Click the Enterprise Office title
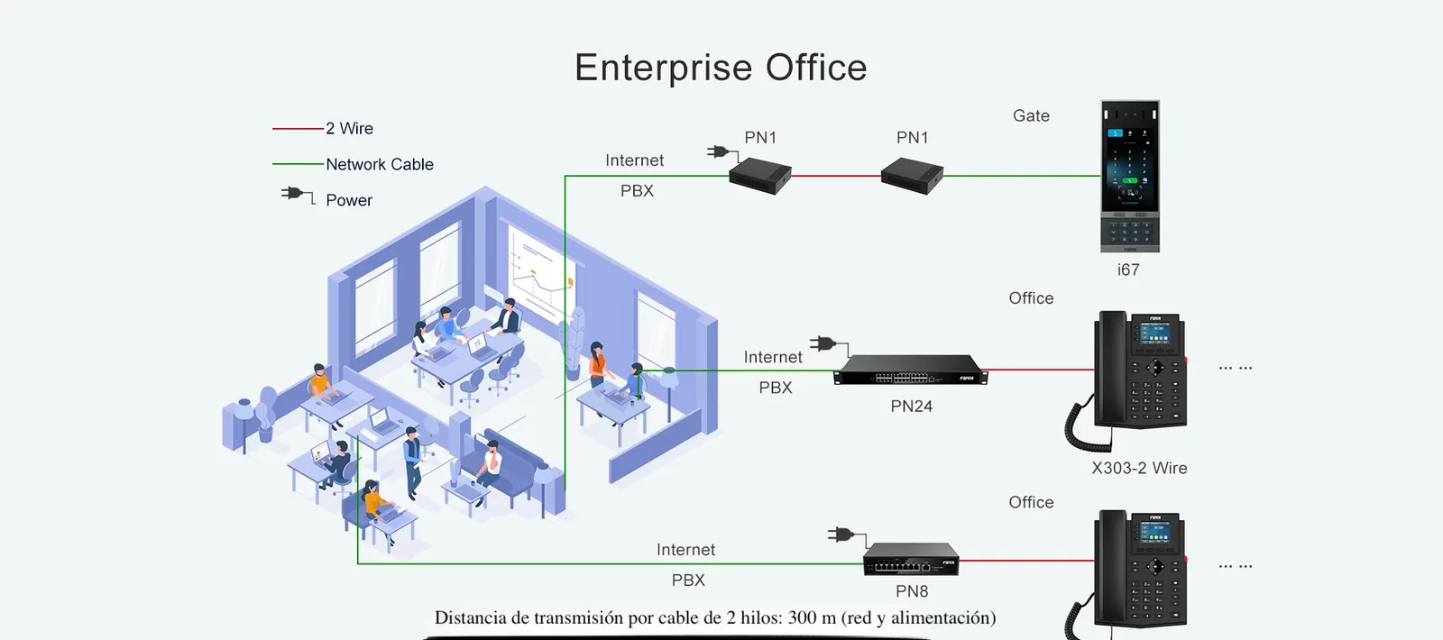[721, 68]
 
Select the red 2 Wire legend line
[298, 129]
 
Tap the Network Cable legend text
[380, 164]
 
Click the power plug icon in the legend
[298, 195]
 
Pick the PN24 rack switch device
[910, 370]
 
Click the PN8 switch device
[911, 559]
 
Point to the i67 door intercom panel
[1130, 176]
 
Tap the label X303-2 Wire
[1139, 468]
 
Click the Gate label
[1031, 116]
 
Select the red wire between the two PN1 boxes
[836, 175]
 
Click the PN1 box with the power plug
[760, 176]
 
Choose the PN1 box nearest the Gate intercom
[912, 176]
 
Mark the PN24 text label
[911, 407]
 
